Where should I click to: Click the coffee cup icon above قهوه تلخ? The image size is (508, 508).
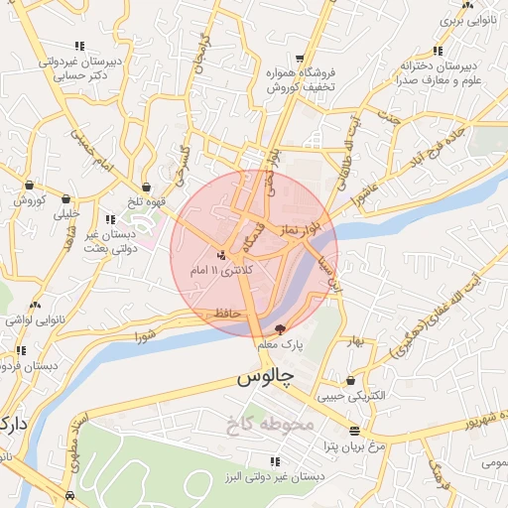(147, 186)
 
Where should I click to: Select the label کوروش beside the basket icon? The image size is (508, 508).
(31, 199)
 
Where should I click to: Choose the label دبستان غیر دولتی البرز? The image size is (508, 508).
(275, 477)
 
